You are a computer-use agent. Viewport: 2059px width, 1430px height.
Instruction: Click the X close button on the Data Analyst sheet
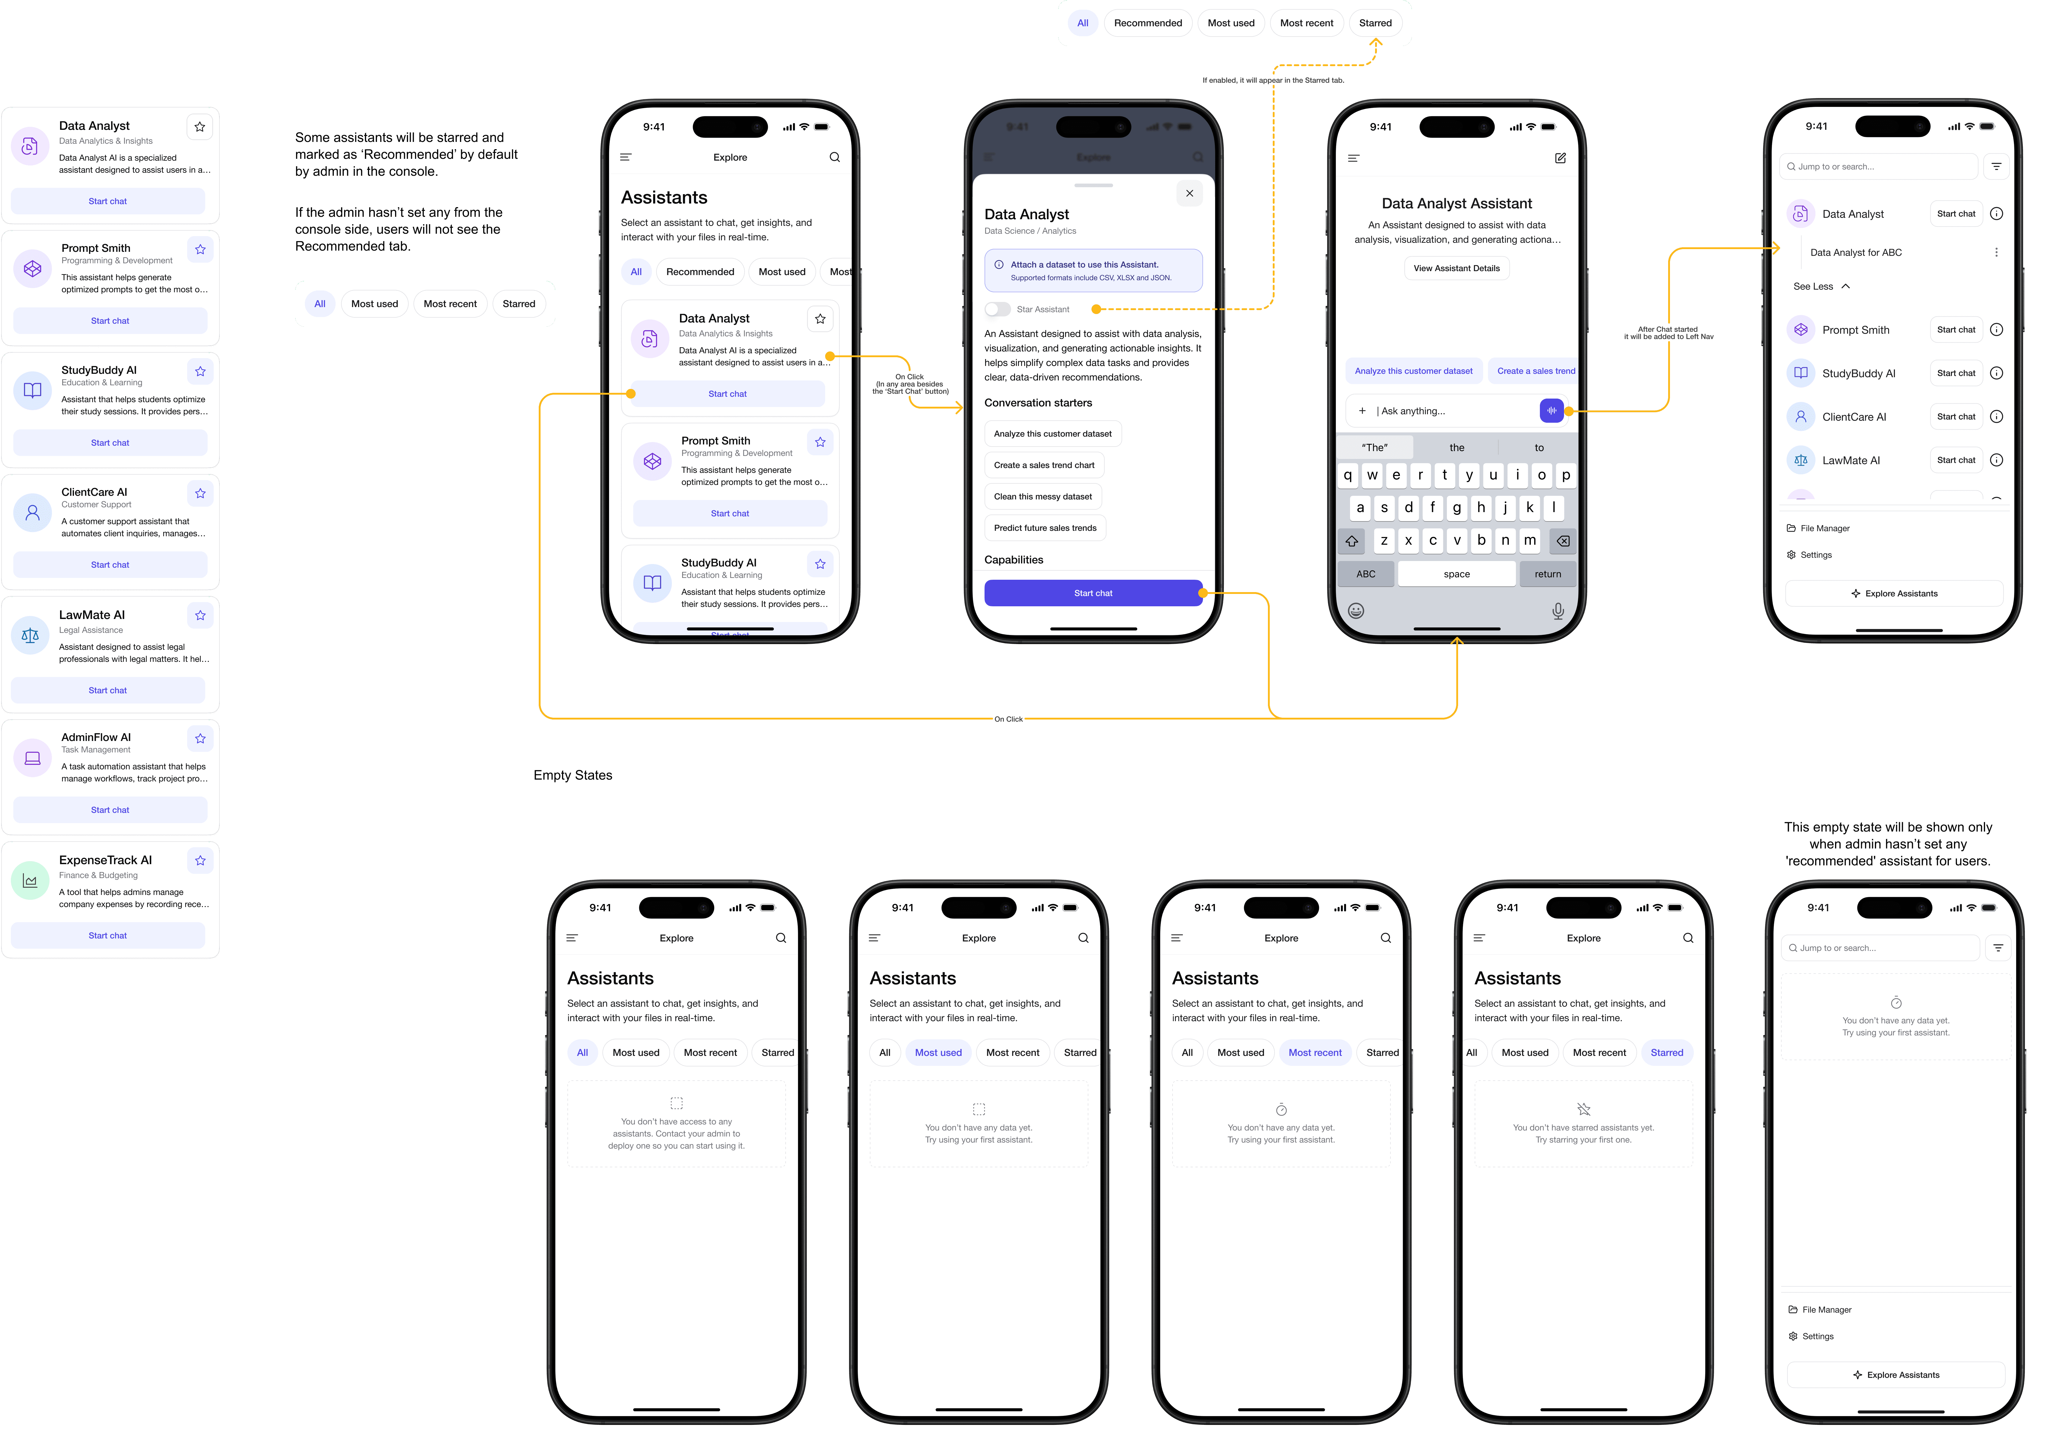1189,194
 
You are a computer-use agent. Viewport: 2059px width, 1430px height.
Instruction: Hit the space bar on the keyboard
1456,574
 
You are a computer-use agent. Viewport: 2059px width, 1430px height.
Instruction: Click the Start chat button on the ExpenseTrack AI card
107,935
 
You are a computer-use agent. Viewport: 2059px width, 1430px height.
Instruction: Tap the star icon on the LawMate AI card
200,616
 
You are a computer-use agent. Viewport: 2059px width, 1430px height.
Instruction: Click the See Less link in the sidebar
1820,287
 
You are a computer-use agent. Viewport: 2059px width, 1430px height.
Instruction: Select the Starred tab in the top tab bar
1375,23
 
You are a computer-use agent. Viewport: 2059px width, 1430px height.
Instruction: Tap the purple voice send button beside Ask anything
1551,410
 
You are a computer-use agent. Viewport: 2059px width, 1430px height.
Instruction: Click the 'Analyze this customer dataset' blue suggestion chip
1413,371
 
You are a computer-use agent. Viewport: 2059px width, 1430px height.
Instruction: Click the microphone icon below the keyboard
1557,611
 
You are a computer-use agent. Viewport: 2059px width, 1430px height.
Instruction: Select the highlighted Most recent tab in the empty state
1315,1053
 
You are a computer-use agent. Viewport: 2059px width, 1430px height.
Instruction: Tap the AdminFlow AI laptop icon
32,758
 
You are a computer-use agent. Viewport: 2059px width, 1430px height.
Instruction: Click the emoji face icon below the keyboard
1356,611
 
